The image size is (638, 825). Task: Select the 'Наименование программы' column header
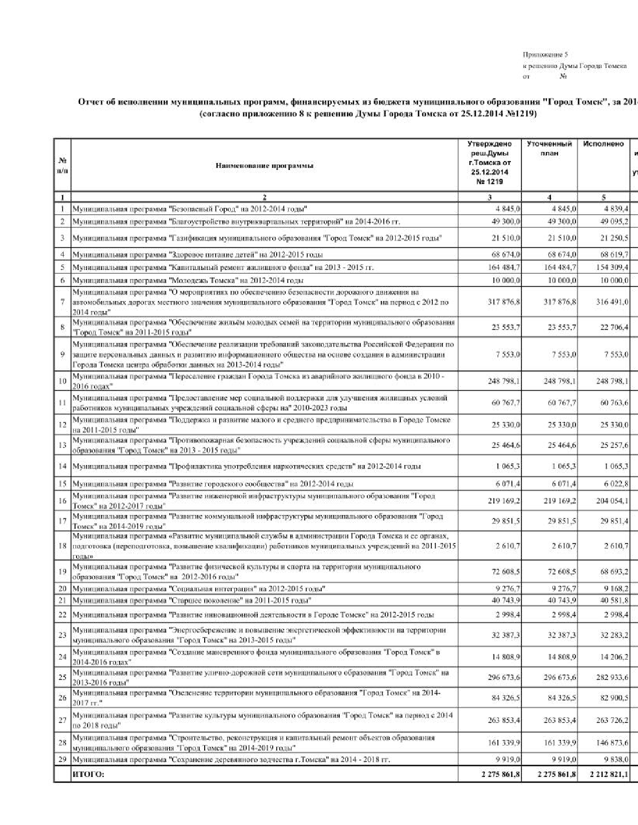point(264,165)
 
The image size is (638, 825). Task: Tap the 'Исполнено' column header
point(603,144)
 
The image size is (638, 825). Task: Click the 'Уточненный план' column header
point(549,148)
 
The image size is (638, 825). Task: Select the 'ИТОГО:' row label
point(88,774)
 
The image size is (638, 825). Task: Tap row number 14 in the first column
point(63,466)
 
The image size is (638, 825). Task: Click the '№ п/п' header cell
point(63,165)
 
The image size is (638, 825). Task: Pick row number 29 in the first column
point(63,759)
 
